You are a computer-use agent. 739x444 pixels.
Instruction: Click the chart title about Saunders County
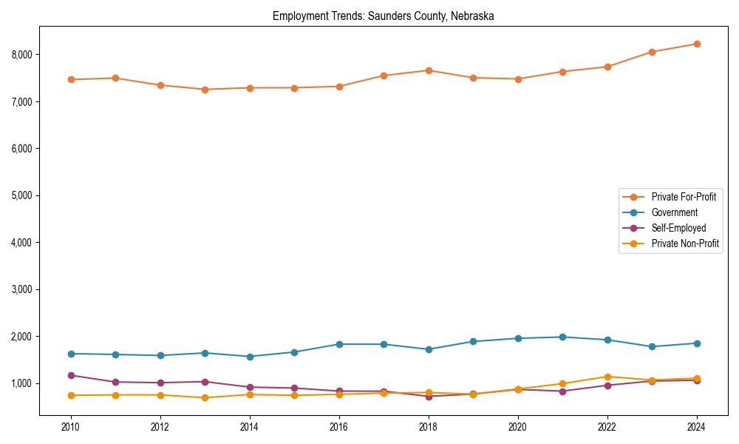point(384,16)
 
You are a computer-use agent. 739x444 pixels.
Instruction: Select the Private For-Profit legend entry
point(684,197)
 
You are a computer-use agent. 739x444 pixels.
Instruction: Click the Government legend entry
point(674,212)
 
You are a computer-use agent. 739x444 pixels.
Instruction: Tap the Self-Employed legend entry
point(678,228)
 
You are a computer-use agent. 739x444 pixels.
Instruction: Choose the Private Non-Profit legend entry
point(685,243)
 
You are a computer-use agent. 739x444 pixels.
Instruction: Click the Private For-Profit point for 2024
point(696,44)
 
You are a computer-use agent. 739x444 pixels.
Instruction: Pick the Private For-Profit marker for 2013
point(205,90)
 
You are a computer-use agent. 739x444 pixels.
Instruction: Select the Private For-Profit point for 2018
point(429,70)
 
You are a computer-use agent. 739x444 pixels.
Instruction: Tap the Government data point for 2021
point(562,337)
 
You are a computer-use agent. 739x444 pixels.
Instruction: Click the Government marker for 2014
point(250,357)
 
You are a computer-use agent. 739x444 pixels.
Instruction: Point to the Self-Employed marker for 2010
point(71,375)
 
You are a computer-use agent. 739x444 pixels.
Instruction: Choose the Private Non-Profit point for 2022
point(607,377)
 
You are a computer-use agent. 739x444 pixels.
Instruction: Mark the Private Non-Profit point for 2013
point(205,397)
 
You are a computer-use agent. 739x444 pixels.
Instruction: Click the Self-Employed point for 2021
point(562,391)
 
